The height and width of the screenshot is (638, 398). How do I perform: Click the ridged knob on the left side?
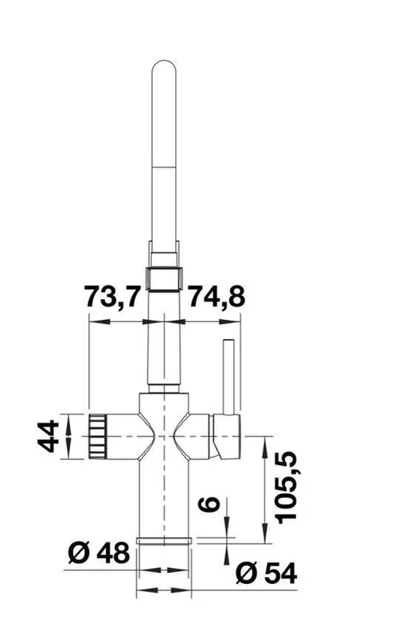coord(96,436)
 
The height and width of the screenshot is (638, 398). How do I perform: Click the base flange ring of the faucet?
coord(165,541)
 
